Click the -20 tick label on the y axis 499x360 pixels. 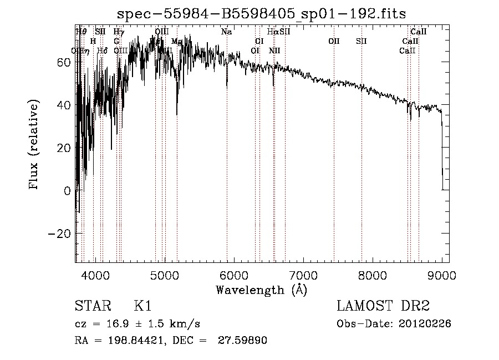59,234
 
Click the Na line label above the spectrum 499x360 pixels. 226,32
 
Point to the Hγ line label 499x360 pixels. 119,32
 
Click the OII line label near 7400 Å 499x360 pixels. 334,41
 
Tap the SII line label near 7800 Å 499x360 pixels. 361,41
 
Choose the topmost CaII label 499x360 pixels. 419,32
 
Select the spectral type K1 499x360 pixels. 142,306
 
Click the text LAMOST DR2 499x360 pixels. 383,306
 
